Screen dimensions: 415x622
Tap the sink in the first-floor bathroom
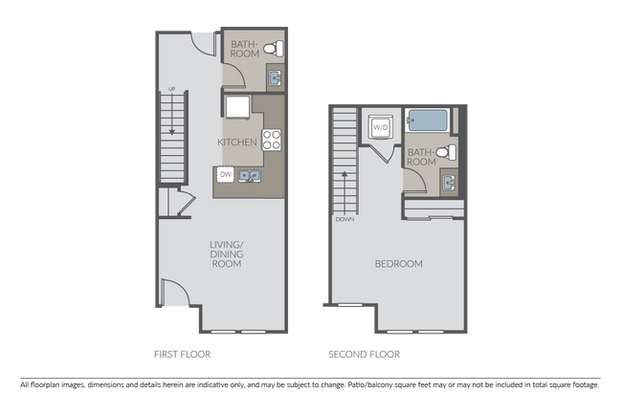pyautogui.click(x=274, y=78)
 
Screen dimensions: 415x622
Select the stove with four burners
pyautogui.click(x=272, y=142)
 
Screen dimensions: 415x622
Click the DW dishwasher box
pyautogui.click(x=226, y=174)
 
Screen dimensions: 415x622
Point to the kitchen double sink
pyautogui.click(x=250, y=176)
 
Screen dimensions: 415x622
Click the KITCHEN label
pyautogui.click(x=237, y=142)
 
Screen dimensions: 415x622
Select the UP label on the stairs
pyautogui.click(x=172, y=91)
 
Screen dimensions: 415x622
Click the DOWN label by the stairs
pyautogui.click(x=345, y=217)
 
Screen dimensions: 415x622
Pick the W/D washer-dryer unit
pyautogui.click(x=379, y=126)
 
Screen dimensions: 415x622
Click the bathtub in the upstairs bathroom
pyautogui.click(x=428, y=121)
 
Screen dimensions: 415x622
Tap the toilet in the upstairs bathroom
pyautogui.click(x=445, y=151)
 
